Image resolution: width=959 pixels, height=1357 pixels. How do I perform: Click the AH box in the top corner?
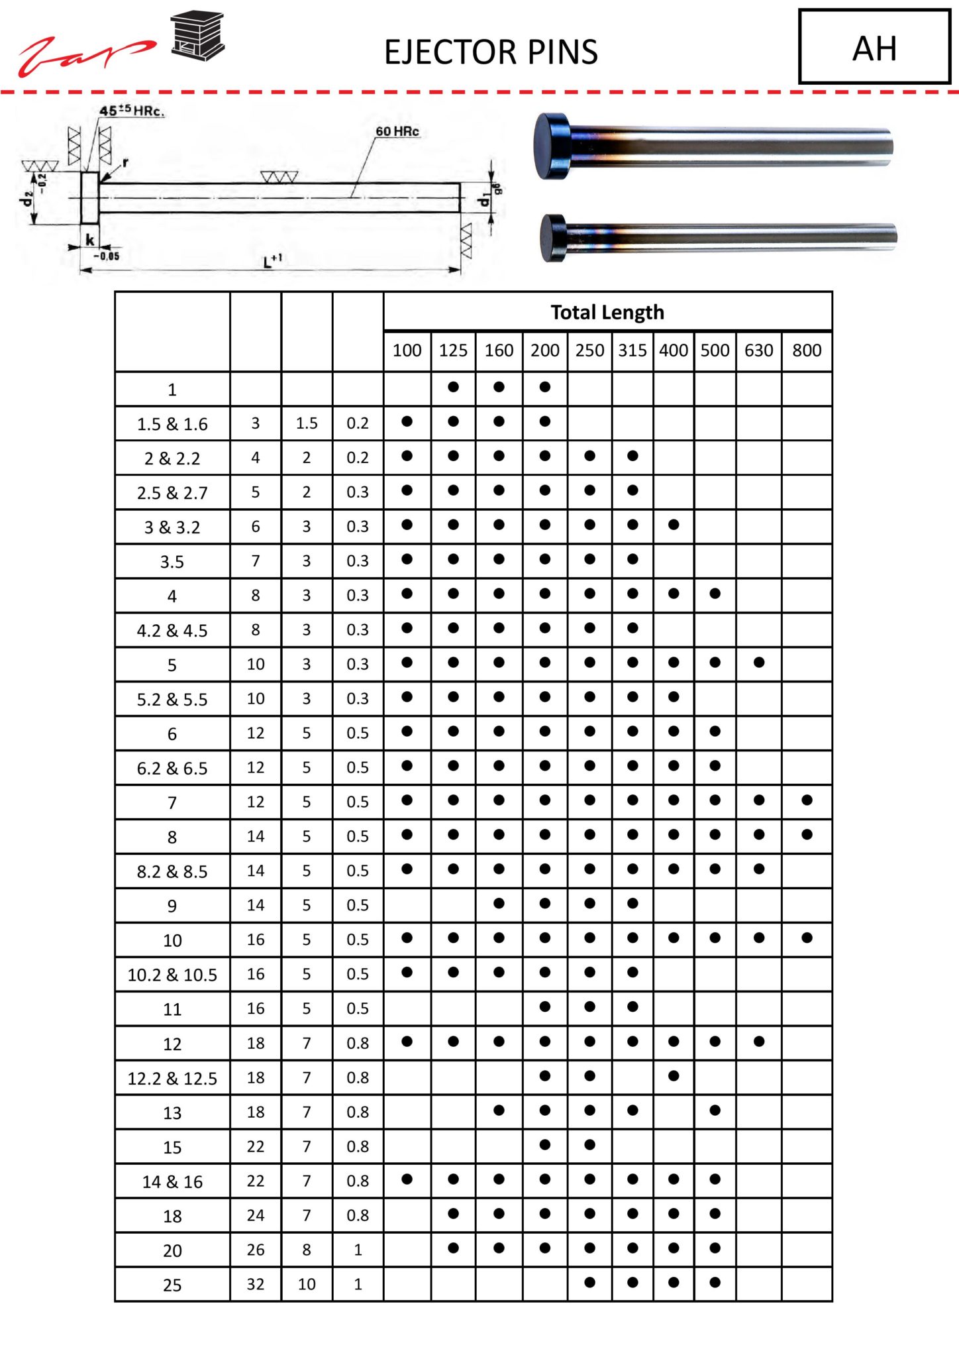coord(874,48)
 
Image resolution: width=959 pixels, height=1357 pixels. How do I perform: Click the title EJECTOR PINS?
coord(491,52)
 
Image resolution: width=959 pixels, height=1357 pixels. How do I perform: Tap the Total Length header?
coord(607,312)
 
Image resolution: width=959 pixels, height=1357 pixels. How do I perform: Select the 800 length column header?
coord(806,351)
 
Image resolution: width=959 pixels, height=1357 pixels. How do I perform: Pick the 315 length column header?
coord(632,351)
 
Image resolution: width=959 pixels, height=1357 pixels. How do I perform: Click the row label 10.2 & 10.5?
coord(172,975)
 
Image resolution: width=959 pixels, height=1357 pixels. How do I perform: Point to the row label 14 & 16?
coord(172,1181)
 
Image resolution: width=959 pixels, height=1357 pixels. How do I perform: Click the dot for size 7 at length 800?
coord(806,800)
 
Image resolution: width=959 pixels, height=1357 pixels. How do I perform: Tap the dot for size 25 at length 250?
coord(589,1282)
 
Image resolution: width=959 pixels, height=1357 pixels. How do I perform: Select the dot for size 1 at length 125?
coord(453,387)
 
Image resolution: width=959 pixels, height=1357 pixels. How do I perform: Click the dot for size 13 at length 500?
coord(715,1110)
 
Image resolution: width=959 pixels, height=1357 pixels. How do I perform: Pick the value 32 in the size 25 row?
coord(256,1284)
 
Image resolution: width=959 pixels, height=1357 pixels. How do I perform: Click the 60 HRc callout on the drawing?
coord(397,132)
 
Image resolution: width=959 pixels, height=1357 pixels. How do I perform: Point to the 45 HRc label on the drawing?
coord(132,111)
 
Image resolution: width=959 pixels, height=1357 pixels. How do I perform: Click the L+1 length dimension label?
coord(272,260)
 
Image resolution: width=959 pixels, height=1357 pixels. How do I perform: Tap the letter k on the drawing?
coord(90,240)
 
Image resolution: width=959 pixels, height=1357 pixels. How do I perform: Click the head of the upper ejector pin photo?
coord(552,146)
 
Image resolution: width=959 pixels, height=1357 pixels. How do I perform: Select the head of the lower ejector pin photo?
coord(554,237)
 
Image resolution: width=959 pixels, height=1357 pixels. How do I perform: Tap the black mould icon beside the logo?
coord(197,36)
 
